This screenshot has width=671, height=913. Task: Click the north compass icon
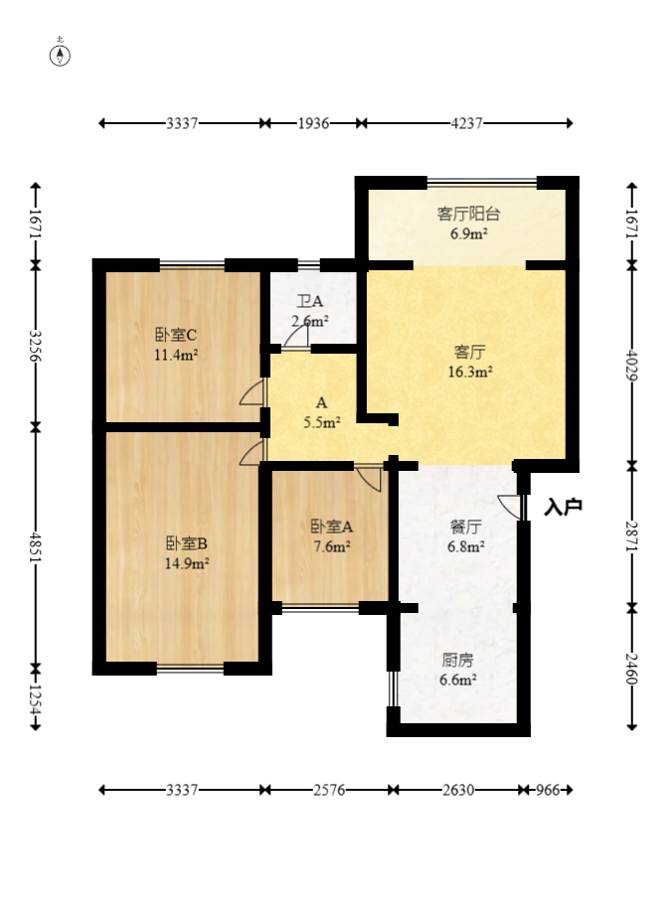point(62,54)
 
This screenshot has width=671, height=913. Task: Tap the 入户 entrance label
point(563,507)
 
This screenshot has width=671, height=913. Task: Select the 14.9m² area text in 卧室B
point(186,563)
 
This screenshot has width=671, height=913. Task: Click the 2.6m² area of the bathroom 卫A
point(310,321)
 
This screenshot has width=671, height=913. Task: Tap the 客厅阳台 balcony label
point(468,214)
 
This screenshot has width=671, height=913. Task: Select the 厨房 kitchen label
point(457,659)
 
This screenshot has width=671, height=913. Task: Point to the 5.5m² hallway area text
point(321,421)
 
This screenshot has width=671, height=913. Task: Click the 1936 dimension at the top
point(312,123)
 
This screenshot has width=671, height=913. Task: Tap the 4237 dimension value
point(466,123)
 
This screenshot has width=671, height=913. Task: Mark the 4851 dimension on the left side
point(36,545)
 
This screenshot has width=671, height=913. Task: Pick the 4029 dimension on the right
point(631,364)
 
